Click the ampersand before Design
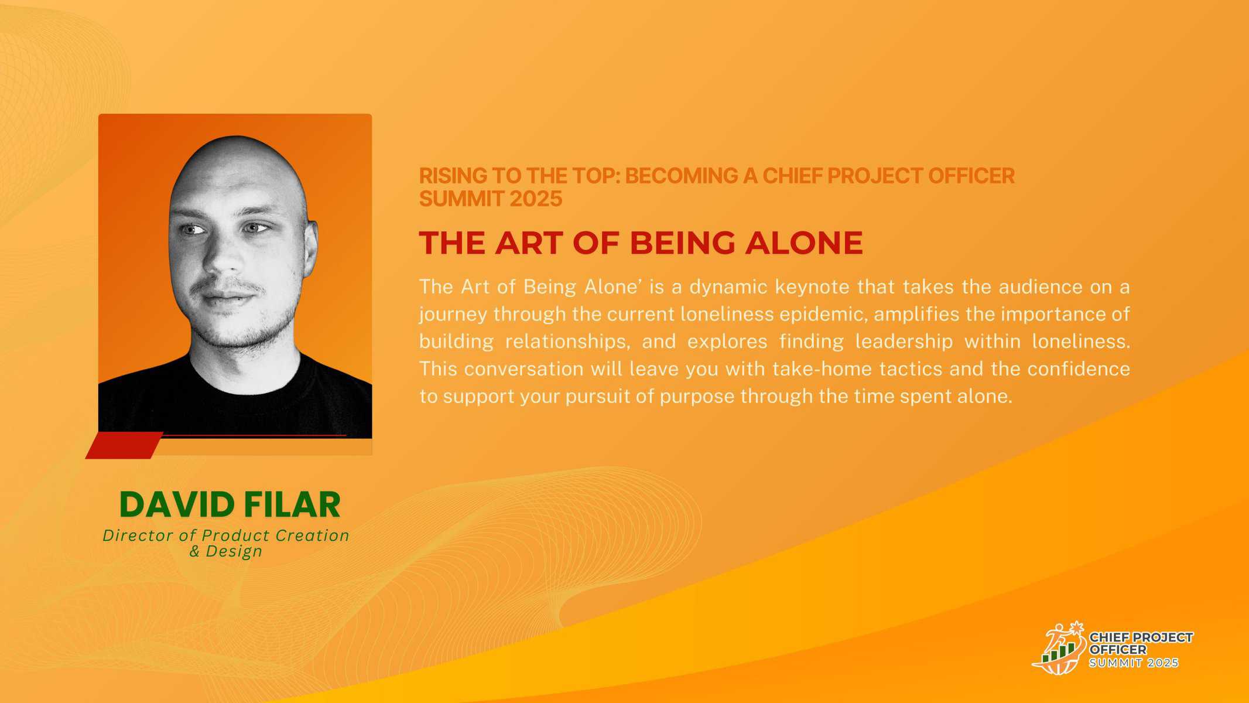[194, 551]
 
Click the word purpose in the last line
[697, 397]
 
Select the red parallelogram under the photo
[124, 445]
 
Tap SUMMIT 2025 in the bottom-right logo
[1134, 663]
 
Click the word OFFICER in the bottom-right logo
[1118, 650]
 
